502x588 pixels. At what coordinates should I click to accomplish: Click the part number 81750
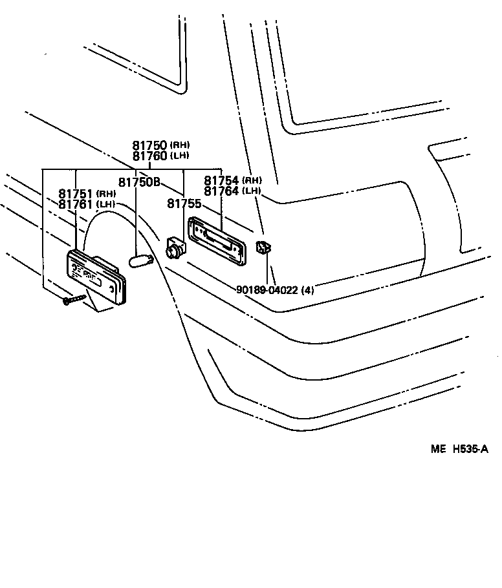tap(150, 146)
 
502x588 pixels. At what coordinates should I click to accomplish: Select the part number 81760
tap(150, 156)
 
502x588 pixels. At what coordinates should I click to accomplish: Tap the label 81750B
tap(139, 182)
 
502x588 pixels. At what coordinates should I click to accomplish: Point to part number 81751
tap(76, 194)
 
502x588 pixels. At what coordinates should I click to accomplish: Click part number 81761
tap(76, 204)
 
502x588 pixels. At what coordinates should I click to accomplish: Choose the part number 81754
tap(222, 180)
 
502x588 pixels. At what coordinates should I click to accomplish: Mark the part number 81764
tap(222, 191)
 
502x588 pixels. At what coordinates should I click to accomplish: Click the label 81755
tap(184, 204)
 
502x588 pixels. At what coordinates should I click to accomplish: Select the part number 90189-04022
tap(266, 290)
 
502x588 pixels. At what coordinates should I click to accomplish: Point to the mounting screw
tap(74, 300)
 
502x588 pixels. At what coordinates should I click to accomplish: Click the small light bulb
tap(138, 260)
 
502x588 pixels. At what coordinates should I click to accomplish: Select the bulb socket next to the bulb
tap(174, 247)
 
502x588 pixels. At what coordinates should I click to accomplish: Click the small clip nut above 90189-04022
tap(263, 247)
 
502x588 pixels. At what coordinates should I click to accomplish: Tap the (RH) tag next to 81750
tap(180, 145)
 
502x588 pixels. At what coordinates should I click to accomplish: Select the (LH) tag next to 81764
tap(252, 191)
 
